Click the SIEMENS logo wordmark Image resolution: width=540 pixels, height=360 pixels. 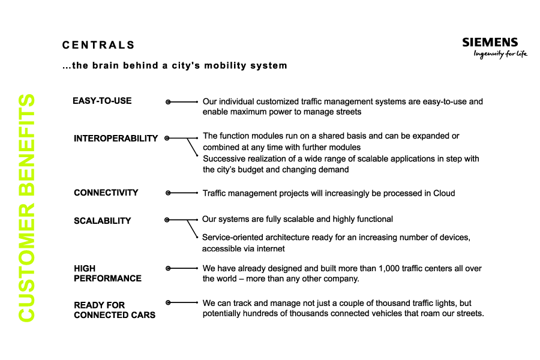click(490, 43)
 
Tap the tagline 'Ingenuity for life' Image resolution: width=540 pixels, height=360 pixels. click(500, 55)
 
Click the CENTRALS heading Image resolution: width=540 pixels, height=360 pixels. click(98, 45)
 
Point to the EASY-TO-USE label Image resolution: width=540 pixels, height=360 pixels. click(102, 101)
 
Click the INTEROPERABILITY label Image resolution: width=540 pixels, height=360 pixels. click(116, 139)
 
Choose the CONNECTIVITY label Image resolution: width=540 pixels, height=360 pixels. click(106, 193)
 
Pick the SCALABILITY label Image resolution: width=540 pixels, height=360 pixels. click(102, 221)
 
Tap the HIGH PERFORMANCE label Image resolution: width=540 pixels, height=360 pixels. click(107, 274)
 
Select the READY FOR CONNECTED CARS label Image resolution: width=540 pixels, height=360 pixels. click(114, 310)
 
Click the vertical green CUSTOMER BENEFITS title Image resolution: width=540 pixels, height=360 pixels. click(26, 208)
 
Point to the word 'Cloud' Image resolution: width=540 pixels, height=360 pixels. click(443, 193)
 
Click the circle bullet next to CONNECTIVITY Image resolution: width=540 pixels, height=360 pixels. click(168, 193)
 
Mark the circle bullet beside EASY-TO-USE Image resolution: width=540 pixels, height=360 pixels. click(169, 102)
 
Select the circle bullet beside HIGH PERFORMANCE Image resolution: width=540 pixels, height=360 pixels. click(168, 269)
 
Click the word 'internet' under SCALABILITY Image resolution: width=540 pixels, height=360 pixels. click(270, 249)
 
